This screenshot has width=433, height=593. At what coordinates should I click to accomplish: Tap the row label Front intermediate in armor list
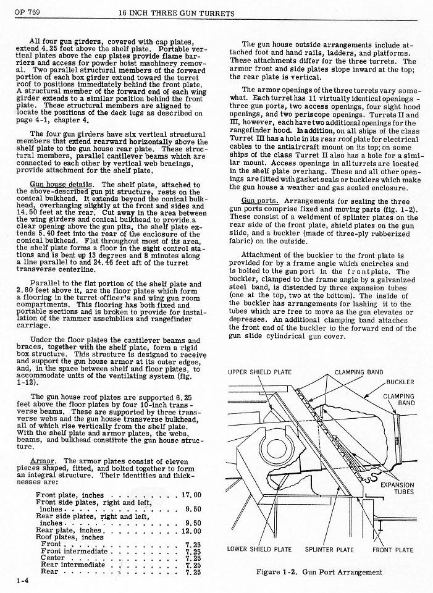(74, 551)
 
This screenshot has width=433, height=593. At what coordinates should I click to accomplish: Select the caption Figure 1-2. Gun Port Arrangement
(319, 572)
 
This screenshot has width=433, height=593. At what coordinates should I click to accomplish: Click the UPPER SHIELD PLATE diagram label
(259, 372)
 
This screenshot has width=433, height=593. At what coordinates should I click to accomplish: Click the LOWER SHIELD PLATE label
(259, 549)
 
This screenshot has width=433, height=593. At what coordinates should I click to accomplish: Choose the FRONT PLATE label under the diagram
(393, 550)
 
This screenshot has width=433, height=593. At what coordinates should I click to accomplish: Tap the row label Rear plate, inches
(69, 531)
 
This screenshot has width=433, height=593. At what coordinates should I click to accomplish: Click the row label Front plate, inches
(70, 495)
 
